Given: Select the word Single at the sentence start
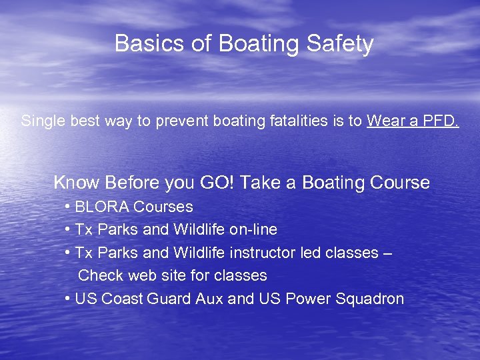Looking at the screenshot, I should pos(41,121).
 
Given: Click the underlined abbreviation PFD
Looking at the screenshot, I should pos(440,121).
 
